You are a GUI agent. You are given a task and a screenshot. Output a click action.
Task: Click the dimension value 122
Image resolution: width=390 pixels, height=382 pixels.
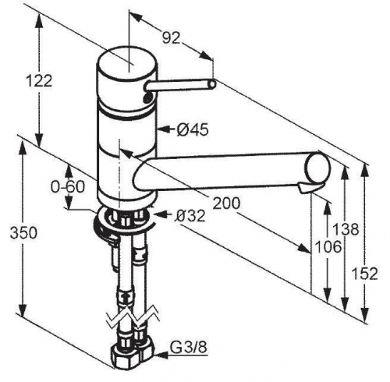(x=40, y=81)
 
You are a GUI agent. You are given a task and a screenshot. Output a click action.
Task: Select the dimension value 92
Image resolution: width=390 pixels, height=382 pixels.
(x=172, y=38)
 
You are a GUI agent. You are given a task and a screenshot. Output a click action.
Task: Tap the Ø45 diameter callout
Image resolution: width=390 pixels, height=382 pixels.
(x=193, y=129)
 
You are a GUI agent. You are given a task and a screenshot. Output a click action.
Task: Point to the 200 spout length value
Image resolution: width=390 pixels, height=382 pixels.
(x=226, y=203)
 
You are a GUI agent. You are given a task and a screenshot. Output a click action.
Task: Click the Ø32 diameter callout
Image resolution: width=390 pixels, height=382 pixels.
(x=190, y=215)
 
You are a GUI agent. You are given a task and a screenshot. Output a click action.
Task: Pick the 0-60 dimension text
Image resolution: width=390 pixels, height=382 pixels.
(x=68, y=186)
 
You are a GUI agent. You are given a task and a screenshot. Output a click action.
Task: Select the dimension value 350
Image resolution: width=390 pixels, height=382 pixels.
(x=23, y=232)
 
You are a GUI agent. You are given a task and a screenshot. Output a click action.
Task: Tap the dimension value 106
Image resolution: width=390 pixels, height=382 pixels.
(x=328, y=246)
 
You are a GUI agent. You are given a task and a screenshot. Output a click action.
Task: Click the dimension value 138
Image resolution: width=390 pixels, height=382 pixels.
(x=346, y=229)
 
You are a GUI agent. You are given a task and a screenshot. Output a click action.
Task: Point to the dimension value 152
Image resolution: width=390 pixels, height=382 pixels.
(x=364, y=274)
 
